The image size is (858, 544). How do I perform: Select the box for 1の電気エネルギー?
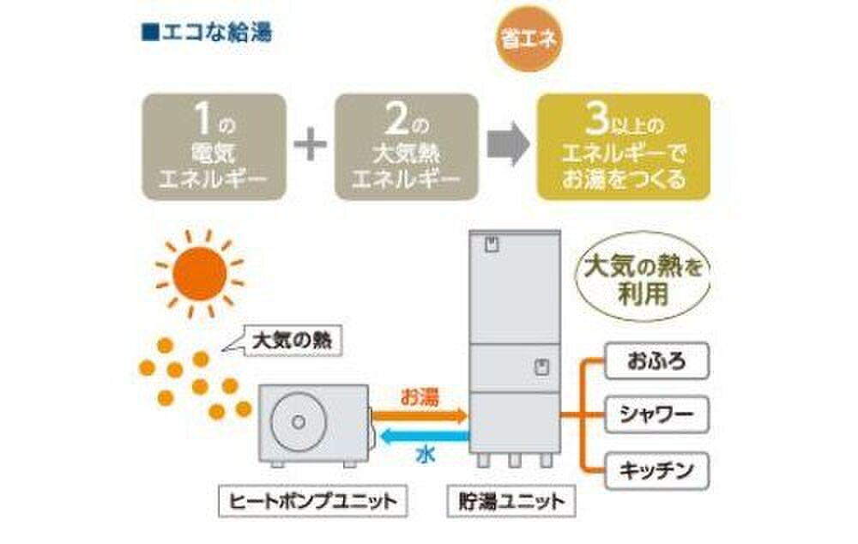(x=214, y=147)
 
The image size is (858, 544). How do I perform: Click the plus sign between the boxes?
(x=311, y=147)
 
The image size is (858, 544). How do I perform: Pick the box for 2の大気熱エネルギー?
(x=406, y=147)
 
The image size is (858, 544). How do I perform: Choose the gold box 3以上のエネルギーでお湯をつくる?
(x=623, y=147)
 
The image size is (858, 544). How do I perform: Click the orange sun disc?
(x=199, y=273)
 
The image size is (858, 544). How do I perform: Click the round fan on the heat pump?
(x=296, y=421)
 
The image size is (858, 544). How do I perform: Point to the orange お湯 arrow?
(x=421, y=416)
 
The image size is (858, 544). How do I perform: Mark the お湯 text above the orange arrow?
(x=420, y=397)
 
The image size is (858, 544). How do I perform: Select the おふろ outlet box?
(x=657, y=361)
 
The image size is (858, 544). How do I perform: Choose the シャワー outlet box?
(x=657, y=415)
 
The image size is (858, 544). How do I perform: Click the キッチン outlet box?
(x=657, y=469)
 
